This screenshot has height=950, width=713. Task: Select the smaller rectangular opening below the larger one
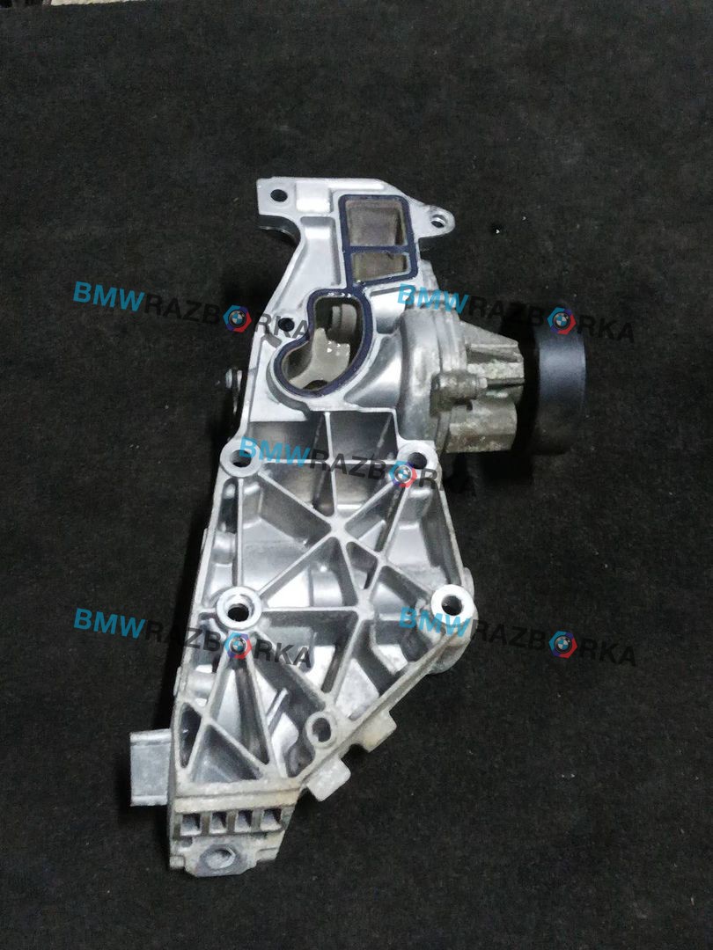pyautogui.click(x=378, y=266)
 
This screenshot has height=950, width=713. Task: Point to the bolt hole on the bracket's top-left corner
pyautogui.click(x=277, y=195)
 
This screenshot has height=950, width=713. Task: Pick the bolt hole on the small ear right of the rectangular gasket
pyautogui.click(x=437, y=222)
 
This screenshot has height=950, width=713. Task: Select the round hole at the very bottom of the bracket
pyautogui.click(x=219, y=856)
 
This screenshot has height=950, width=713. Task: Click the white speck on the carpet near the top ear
pyautogui.click(x=497, y=230)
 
